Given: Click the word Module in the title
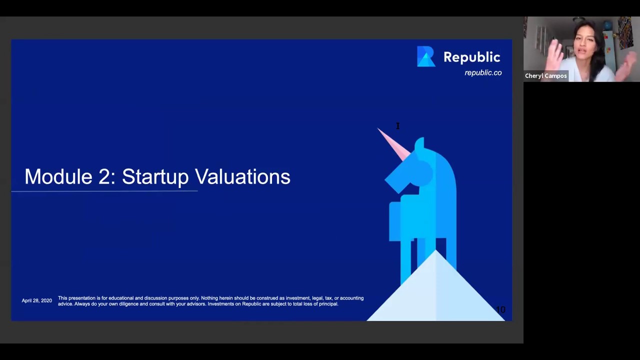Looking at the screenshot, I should (58, 177).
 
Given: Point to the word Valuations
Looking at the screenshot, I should (242, 177).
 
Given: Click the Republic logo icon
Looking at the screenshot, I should (426, 56).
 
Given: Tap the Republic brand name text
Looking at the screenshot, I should (471, 57).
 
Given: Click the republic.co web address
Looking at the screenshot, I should (483, 73).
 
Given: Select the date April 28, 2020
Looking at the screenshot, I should (36, 300).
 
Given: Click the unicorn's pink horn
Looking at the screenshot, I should (393, 143).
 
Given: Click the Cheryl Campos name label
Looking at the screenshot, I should (545, 76).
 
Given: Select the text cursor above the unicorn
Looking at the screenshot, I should (398, 126).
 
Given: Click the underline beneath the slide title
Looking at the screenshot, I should (104, 191).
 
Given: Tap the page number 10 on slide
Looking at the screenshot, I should (500, 310).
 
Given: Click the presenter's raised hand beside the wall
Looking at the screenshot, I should (555, 52).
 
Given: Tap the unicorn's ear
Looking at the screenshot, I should (419, 143).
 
